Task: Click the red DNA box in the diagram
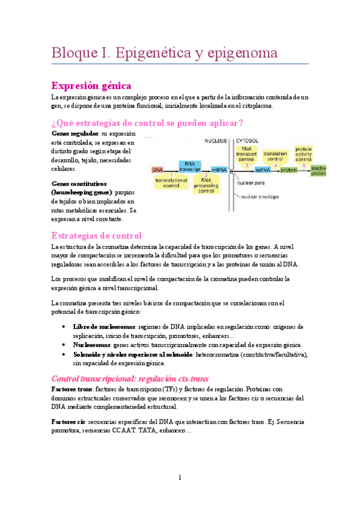(x=157, y=170)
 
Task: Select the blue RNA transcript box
(x=189, y=167)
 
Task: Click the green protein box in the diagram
(x=290, y=170)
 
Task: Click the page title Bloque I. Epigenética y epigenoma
(x=163, y=52)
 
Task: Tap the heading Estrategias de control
(x=97, y=235)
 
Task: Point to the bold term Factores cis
(x=69, y=422)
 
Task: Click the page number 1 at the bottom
(x=180, y=478)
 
